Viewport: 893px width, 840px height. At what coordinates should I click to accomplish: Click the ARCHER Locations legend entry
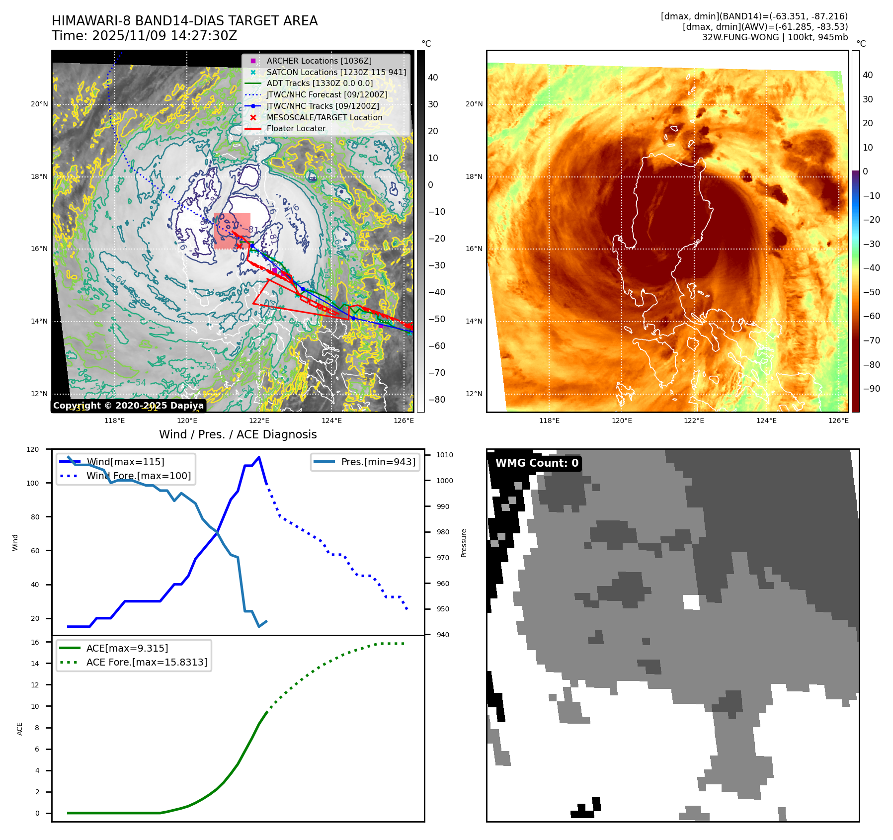click(x=319, y=61)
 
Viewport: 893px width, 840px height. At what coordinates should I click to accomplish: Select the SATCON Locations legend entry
click(x=336, y=72)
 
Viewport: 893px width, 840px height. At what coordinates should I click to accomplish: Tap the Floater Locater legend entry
click(x=296, y=128)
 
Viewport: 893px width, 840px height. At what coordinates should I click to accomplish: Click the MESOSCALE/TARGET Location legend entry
click(x=324, y=117)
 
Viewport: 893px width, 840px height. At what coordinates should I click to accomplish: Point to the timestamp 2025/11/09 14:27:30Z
click(x=164, y=36)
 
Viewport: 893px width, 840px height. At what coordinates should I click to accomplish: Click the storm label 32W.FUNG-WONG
click(x=740, y=37)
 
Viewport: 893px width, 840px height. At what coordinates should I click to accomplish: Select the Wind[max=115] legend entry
click(x=125, y=462)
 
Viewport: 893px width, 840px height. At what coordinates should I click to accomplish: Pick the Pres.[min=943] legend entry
click(x=378, y=462)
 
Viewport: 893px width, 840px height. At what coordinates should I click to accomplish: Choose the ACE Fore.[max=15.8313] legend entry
click(x=147, y=662)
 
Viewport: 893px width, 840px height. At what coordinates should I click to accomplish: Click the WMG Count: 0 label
click(x=537, y=463)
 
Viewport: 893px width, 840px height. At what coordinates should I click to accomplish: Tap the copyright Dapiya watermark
click(x=128, y=406)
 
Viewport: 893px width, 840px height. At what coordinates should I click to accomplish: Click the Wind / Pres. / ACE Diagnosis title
click(x=238, y=434)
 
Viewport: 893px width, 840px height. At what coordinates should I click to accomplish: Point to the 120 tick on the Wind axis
click(x=33, y=449)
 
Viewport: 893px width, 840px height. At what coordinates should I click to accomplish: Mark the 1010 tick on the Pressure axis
click(x=445, y=455)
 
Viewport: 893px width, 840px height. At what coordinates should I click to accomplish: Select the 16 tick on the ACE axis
click(x=35, y=642)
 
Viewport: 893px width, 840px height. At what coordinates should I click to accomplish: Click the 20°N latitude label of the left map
click(x=40, y=104)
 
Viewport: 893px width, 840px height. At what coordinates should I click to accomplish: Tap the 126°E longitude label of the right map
click(x=838, y=420)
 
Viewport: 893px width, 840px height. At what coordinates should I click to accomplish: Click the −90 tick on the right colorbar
click(x=872, y=389)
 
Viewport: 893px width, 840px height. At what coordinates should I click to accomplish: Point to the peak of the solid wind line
click(x=259, y=457)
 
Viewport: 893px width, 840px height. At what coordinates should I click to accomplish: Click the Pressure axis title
click(x=464, y=543)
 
